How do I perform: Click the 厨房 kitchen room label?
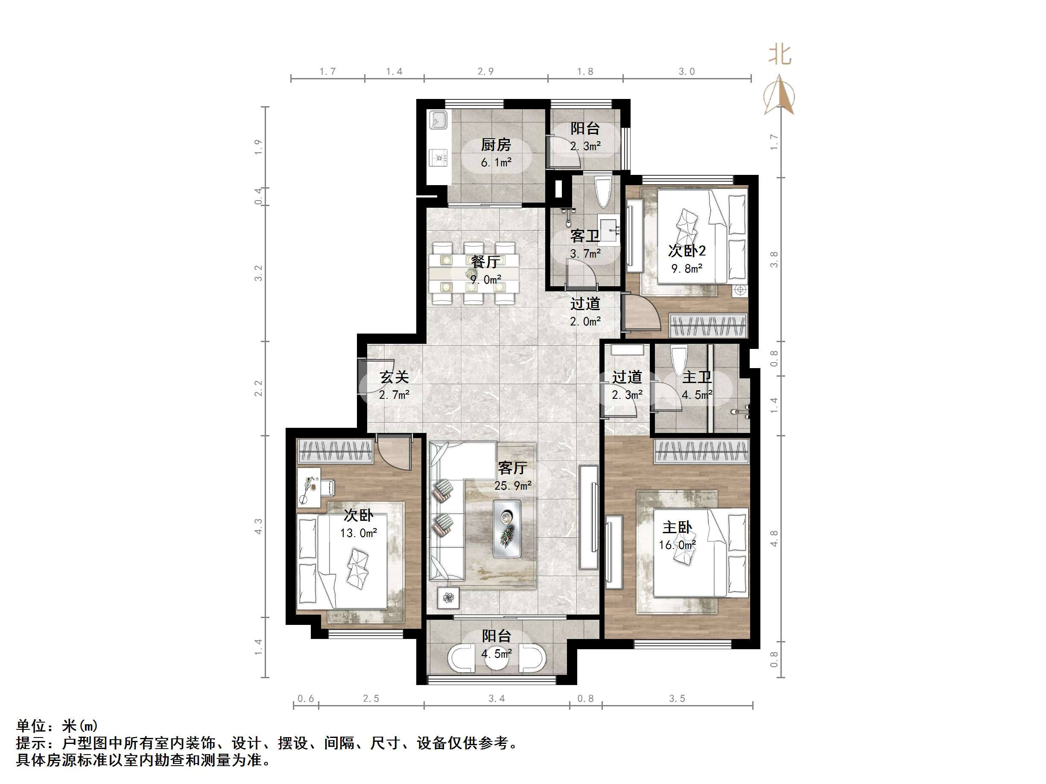tap(496, 145)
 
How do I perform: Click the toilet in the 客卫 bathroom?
tap(603, 192)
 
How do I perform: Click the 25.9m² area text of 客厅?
tap(513, 485)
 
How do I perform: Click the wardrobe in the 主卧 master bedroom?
tap(702, 451)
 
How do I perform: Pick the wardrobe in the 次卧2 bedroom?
tap(708, 325)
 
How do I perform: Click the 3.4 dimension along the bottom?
tap(497, 698)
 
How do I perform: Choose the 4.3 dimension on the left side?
tap(258, 526)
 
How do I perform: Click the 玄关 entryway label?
tap(394, 377)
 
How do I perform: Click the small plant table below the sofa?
tap(448, 599)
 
